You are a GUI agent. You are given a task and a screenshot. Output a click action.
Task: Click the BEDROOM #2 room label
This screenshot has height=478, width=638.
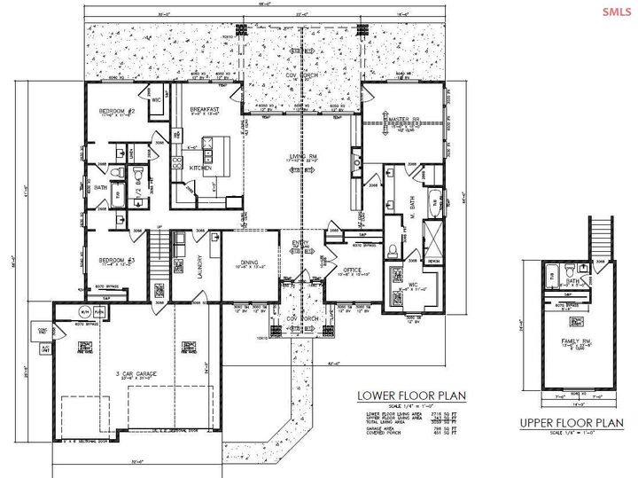click(116, 111)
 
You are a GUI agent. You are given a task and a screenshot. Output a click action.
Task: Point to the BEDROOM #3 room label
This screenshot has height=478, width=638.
click(116, 260)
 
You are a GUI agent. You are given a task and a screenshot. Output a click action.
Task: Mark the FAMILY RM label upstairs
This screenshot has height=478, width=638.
click(576, 341)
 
